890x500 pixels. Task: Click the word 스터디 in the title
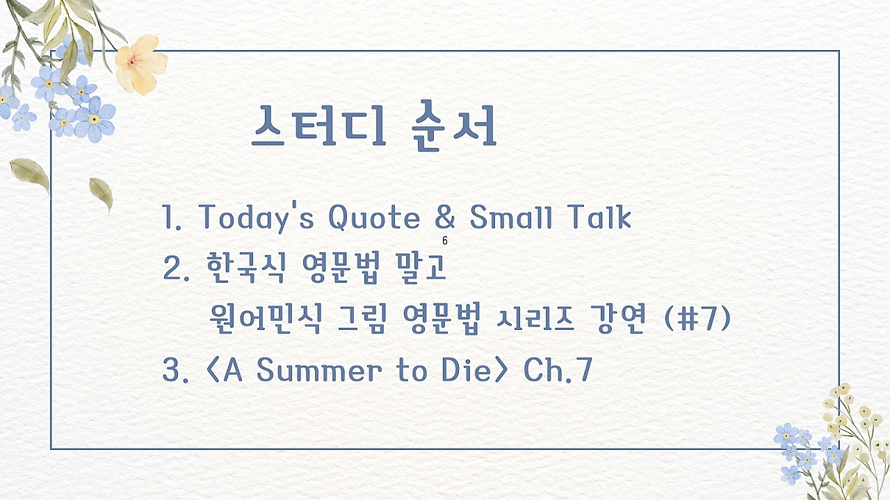(318, 126)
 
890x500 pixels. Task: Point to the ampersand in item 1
(445, 217)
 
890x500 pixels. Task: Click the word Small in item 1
(511, 217)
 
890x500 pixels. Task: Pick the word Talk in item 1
(600, 217)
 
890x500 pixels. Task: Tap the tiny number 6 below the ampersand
(445, 242)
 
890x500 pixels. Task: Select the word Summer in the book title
(319, 370)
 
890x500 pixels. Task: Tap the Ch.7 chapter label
(558, 370)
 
